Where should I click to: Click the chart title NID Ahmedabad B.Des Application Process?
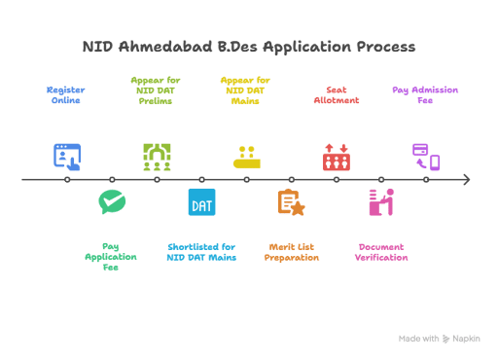[x=249, y=47]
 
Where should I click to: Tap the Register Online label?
[x=66, y=95]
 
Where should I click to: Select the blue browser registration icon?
[x=67, y=158]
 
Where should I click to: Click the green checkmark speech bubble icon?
[x=112, y=201]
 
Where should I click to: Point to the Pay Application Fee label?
[x=111, y=257]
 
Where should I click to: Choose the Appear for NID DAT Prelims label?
[x=156, y=90]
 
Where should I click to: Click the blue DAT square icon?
[x=201, y=202]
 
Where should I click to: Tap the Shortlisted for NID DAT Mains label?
[x=201, y=252]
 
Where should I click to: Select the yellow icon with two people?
[x=247, y=158]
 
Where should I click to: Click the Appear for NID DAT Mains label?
[x=245, y=90]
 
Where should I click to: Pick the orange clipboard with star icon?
[x=292, y=202]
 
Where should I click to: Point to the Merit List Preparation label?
[x=292, y=252]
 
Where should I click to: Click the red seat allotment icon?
[x=337, y=158]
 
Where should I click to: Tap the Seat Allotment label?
[x=337, y=95]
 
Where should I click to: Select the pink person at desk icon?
[x=381, y=202]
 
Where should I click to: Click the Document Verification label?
[x=381, y=252]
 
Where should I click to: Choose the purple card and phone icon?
[x=426, y=158]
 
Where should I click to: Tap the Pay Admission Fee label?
[x=425, y=95]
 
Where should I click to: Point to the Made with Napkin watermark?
[x=440, y=339]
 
